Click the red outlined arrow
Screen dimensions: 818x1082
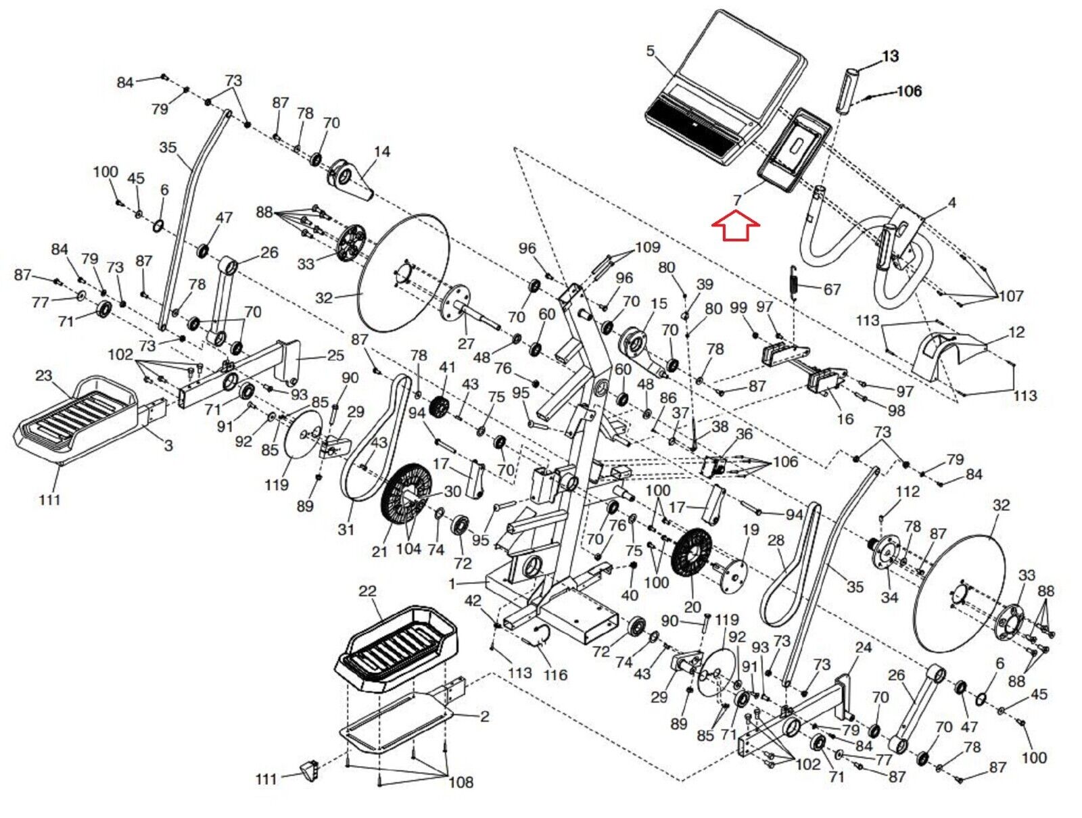click(736, 226)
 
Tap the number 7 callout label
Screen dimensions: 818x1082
click(738, 200)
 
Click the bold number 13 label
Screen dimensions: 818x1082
click(891, 56)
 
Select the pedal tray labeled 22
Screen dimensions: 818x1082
click(396, 648)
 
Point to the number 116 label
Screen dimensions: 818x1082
click(555, 674)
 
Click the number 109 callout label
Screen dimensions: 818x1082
click(646, 247)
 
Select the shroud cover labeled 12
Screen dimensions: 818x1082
click(943, 355)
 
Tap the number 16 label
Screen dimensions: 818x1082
click(845, 419)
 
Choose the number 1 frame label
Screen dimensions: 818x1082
click(452, 583)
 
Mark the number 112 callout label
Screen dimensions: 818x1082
click(907, 491)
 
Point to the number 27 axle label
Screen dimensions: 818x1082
click(466, 343)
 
